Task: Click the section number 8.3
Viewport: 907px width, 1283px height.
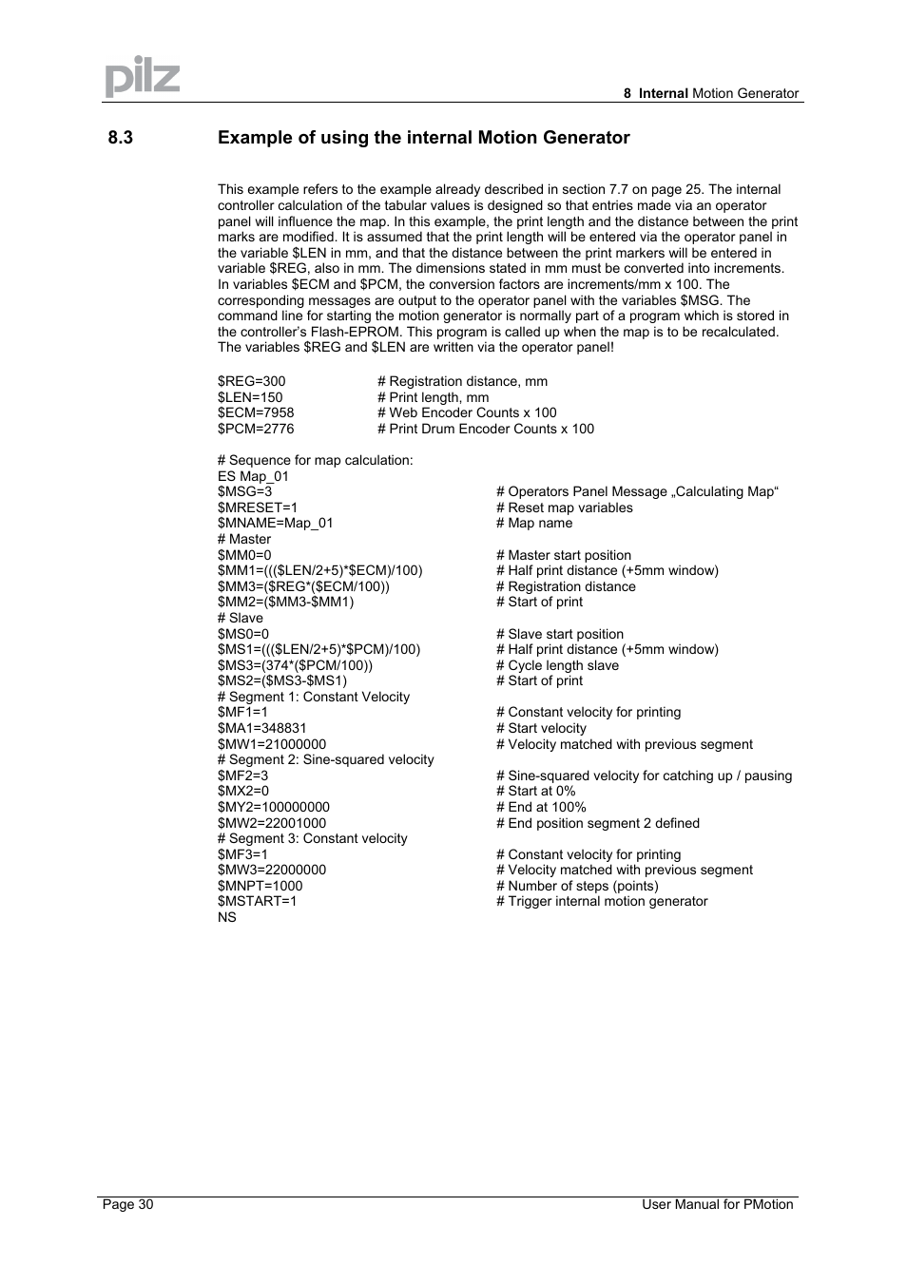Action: (121, 138)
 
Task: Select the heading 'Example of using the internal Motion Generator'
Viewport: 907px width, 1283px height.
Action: (423, 138)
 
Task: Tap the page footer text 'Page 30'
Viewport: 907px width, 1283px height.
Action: (128, 1204)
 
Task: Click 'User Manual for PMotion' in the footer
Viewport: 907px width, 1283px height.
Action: (717, 1204)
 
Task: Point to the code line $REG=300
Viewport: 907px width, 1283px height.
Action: (252, 381)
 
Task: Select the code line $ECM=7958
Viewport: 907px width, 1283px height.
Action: (256, 412)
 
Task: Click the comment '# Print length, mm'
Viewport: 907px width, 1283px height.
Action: (434, 397)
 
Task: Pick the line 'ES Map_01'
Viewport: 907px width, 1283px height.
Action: (253, 476)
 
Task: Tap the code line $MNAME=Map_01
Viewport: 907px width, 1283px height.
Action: (276, 523)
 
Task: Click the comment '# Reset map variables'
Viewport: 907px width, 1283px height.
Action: (565, 507)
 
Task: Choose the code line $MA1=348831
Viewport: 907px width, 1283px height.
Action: (262, 728)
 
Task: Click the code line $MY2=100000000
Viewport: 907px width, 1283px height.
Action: (274, 807)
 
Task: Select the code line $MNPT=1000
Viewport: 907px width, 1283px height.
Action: (261, 886)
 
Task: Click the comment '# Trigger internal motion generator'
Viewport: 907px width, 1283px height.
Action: (602, 901)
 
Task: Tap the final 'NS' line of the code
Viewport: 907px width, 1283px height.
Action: (227, 917)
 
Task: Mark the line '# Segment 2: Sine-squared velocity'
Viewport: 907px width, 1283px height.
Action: (326, 759)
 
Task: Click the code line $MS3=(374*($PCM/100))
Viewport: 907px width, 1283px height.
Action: (296, 665)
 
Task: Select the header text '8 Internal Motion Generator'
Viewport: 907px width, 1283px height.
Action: (711, 93)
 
